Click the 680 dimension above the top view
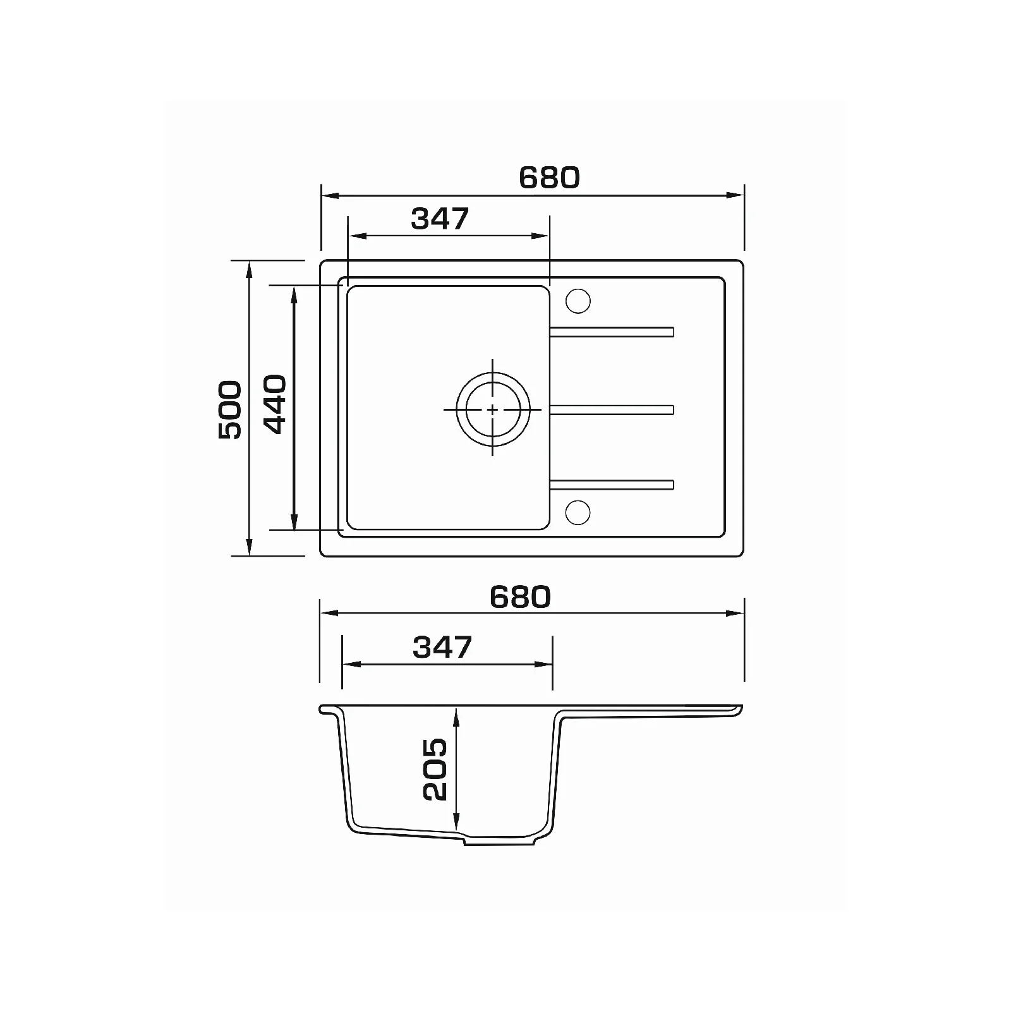point(548,178)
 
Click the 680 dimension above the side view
point(520,597)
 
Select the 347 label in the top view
point(440,219)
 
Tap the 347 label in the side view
point(442,647)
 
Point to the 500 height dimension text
point(229,409)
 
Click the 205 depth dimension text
point(435,770)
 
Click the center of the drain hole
point(493,409)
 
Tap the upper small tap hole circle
point(578,301)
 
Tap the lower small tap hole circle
point(578,512)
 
